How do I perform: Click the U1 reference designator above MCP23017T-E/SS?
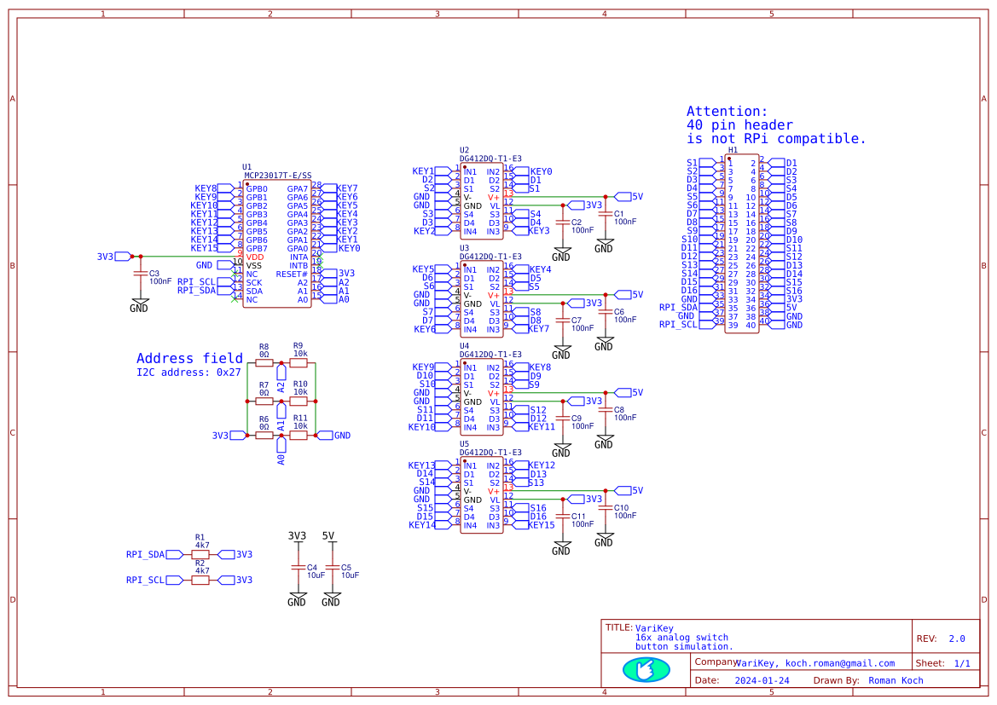pyautogui.click(x=246, y=167)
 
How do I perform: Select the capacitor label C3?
pyautogui.click(x=154, y=274)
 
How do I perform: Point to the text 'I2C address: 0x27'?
pyautogui.click(x=188, y=373)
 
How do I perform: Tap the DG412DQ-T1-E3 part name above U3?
pyautogui.click(x=490, y=256)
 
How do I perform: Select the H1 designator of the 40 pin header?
pyautogui.click(x=733, y=149)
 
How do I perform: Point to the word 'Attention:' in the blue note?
pyautogui.click(x=727, y=112)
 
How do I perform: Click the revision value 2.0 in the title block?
pyautogui.click(x=956, y=639)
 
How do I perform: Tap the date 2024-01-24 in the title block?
pyautogui.click(x=761, y=680)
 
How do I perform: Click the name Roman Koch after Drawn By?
pyautogui.click(x=896, y=680)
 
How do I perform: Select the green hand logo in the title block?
pyautogui.click(x=646, y=669)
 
